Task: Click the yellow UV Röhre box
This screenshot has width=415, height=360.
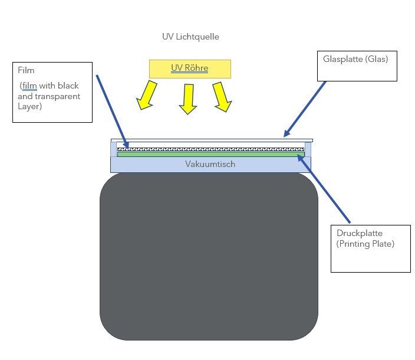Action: click(x=189, y=68)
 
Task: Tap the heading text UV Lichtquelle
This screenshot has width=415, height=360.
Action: click(x=190, y=37)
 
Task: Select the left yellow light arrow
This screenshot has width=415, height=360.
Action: click(x=146, y=96)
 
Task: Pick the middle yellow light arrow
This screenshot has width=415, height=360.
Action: click(x=188, y=98)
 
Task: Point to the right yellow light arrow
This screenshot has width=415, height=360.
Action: click(x=222, y=96)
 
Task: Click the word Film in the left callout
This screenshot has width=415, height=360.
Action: click(x=26, y=70)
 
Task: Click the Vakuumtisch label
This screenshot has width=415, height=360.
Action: click(x=210, y=164)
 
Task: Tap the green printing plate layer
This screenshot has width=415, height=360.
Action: click(x=210, y=154)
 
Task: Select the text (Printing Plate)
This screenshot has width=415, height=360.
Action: click(x=361, y=243)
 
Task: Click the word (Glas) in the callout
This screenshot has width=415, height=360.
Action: click(x=377, y=59)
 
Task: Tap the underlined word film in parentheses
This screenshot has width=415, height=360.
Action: click(x=29, y=86)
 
